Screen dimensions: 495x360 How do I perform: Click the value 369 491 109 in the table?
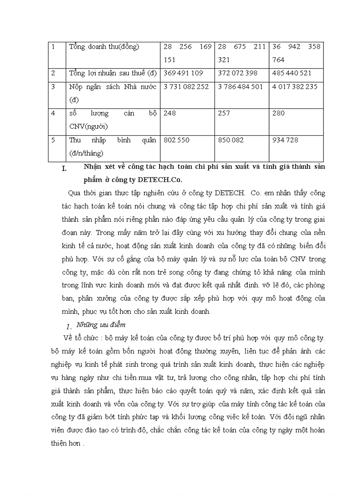click(183, 73)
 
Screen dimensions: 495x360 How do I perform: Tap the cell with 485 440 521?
click(292, 73)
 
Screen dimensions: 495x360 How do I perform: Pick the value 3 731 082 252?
click(186, 87)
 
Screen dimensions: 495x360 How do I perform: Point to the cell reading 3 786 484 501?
click(240, 87)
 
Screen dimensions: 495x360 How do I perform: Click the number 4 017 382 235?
click(295, 87)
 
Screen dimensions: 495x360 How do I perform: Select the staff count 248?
click(169, 113)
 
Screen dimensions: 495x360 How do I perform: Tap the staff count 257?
click(224, 113)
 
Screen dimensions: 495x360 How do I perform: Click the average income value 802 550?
click(176, 140)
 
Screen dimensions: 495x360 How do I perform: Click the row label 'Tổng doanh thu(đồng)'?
click(104, 47)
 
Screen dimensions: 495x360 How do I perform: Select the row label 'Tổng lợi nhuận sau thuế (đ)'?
click(113, 73)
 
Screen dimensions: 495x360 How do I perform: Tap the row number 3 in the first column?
click(53, 87)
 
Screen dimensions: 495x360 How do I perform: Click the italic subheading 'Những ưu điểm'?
click(101, 325)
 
